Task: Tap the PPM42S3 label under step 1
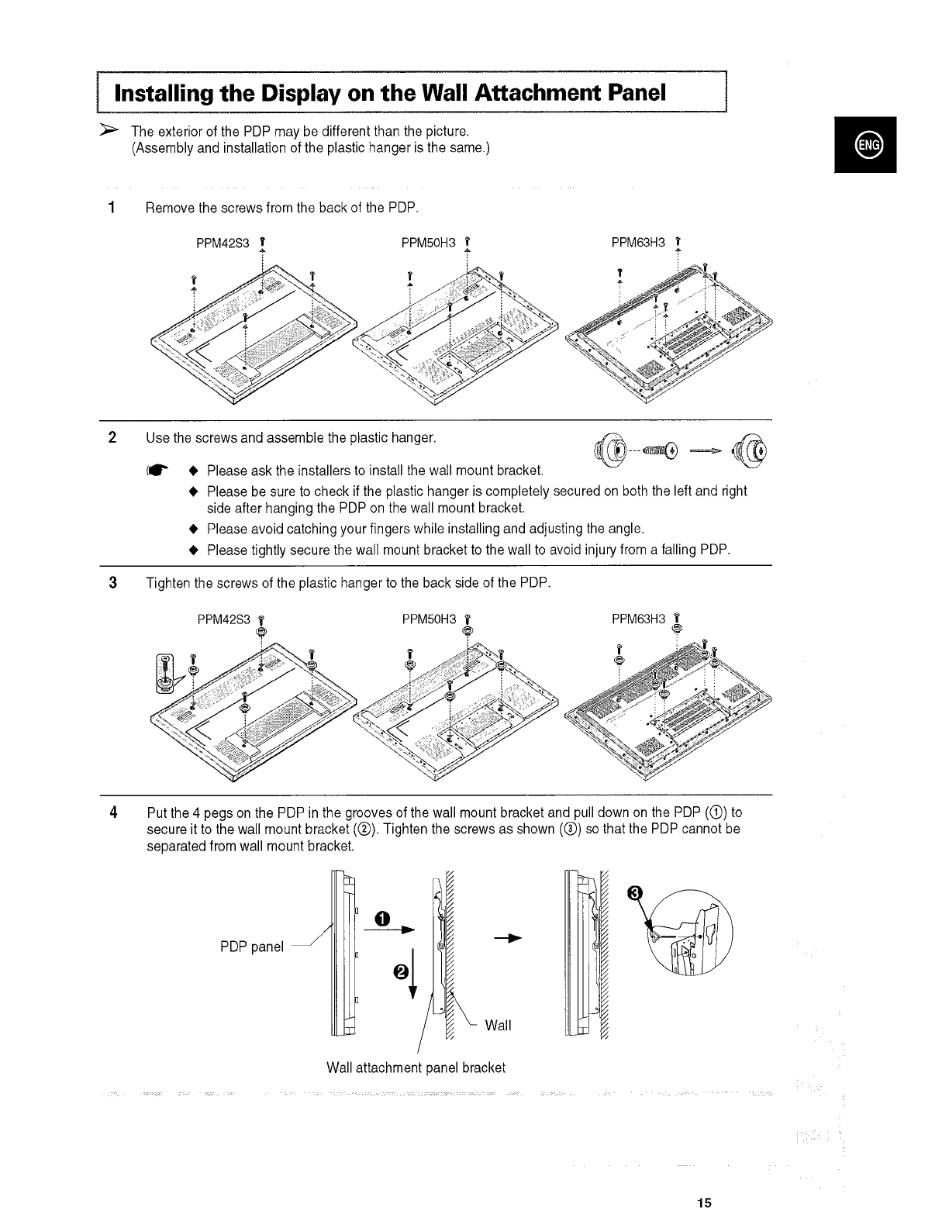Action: pos(223,243)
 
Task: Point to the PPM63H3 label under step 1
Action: pos(638,243)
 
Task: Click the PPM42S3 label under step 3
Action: pos(223,619)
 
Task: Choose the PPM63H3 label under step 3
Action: pos(638,619)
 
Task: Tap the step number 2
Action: pos(113,438)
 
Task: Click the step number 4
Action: pos(113,813)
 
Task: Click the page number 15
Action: pos(703,1203)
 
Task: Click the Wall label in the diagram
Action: pos(498,1026)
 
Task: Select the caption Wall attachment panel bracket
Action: pos(416,1068)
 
